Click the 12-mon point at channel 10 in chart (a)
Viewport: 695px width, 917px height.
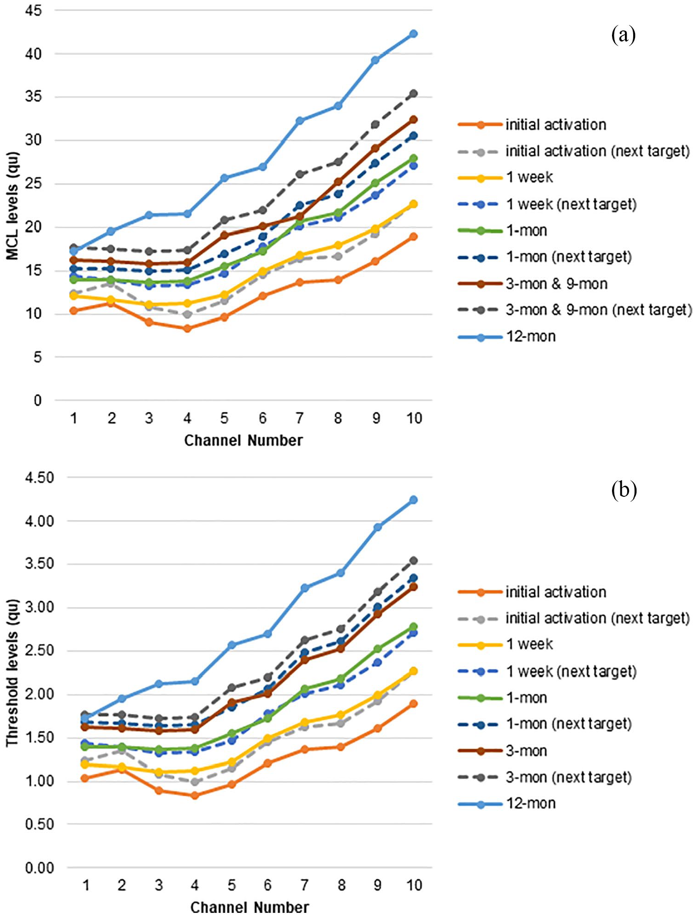413,34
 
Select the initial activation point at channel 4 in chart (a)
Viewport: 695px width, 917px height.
187,328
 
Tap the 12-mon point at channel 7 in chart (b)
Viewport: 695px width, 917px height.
304,588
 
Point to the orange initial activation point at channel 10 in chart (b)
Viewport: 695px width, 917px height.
413,703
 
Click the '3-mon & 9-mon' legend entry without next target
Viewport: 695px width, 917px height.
533,284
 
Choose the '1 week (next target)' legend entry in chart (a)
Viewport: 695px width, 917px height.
547,204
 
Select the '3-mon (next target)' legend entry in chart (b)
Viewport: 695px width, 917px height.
545,777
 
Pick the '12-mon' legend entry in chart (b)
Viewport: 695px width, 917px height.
507,804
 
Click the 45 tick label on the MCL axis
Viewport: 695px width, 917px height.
33,10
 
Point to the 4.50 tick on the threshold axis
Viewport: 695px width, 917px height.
40,477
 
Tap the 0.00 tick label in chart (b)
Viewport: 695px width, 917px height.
40,868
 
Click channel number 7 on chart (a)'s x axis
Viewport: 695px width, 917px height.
300,418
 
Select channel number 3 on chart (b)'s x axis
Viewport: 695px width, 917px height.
159,885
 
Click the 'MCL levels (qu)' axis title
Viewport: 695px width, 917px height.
12,206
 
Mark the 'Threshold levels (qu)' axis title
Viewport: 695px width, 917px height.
12,673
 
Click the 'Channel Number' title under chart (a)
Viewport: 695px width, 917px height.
244,441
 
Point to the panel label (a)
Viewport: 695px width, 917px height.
624,35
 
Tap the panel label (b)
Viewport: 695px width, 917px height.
624,490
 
